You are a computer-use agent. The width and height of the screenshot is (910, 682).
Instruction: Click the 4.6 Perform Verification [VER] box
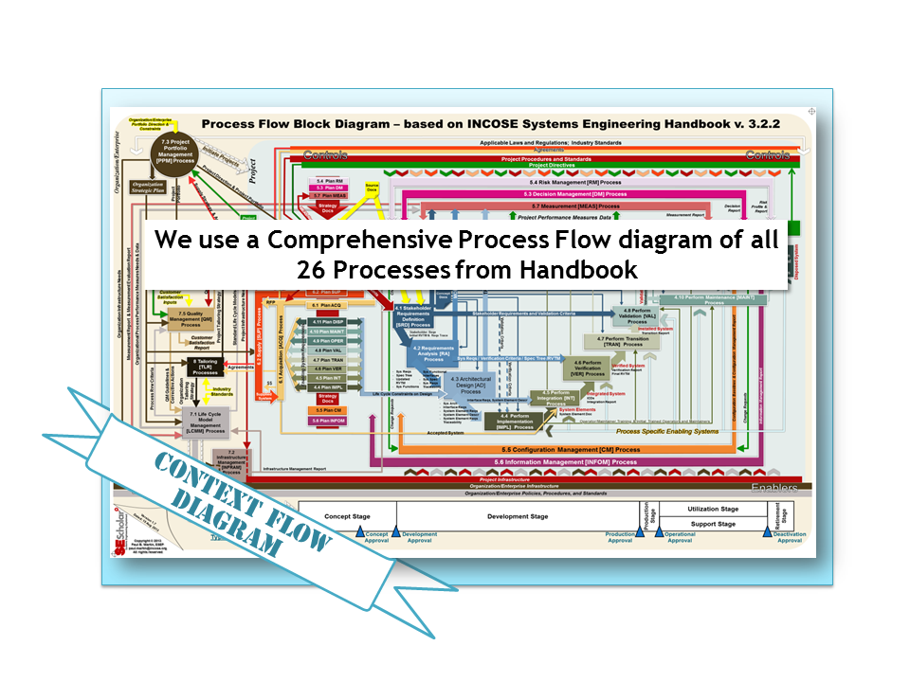point(590,368)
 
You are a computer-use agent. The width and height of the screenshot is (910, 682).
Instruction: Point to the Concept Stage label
point(347,516)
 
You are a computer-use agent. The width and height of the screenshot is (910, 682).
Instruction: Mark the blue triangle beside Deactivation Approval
point(769,533)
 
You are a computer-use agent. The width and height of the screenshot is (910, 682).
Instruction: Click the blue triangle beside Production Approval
point(639,533)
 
